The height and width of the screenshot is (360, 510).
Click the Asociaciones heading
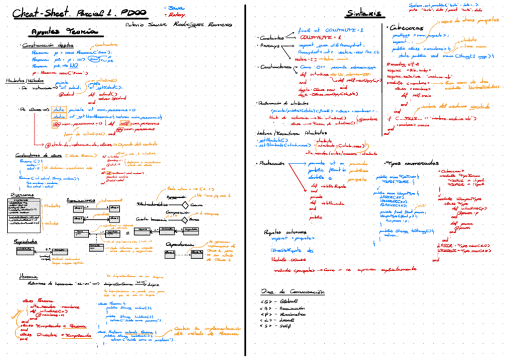coord(81,200)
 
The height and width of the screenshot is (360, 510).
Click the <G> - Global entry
coord(276,301)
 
